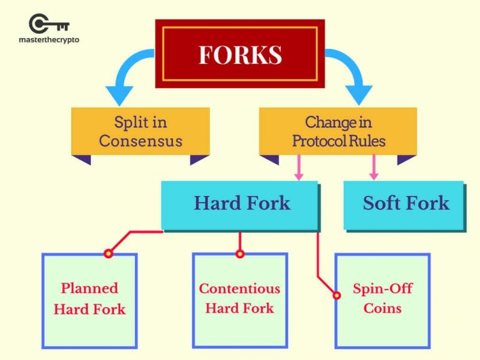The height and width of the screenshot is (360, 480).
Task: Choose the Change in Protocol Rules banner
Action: (x=338, y=132)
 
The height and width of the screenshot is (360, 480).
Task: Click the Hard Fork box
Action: (x=241, y=203)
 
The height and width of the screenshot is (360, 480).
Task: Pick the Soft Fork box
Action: (x=405, y=203)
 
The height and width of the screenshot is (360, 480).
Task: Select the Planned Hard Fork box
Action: (x=89, y=299)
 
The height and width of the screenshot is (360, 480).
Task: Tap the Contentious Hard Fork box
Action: (x=239, y=298)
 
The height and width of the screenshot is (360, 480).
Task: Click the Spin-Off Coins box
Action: (x=382, y=299)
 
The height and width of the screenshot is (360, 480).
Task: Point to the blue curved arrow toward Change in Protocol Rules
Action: (x=353, y=78)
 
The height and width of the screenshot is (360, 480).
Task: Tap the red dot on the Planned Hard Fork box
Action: (x=107, y=254)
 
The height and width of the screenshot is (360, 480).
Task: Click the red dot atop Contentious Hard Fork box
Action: (x=239, y=254)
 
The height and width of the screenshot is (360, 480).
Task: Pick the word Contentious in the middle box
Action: (x=239, y=288)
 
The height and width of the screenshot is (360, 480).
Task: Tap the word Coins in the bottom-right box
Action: (x=382, y=308)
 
